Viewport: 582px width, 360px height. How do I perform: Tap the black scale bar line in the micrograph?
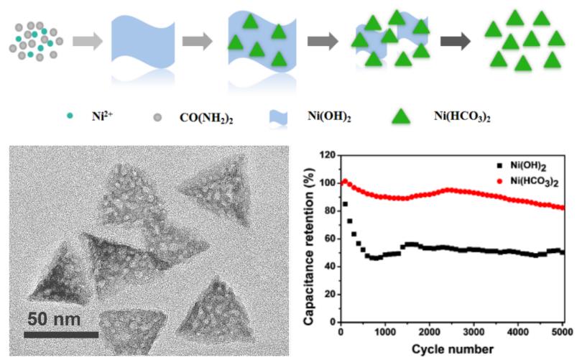tap(61, 334)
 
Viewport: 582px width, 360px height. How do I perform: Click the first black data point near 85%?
tap(345, 204)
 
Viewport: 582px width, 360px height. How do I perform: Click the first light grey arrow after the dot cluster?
tap(88, 42)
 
